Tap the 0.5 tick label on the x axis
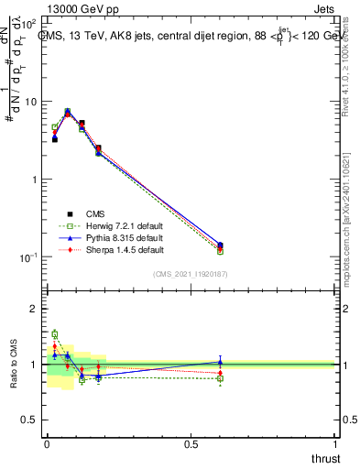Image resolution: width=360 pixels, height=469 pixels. click(191, 444)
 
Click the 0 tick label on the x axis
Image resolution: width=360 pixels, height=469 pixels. click(47, 444)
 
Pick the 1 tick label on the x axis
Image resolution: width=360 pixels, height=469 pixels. click(335, 444)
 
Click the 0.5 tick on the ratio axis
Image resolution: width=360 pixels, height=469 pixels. click(29, 420)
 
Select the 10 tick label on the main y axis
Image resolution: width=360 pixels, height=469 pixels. click(31, 102)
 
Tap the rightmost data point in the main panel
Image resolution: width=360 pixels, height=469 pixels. click(220, 246)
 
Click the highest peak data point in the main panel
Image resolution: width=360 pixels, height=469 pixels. click(68, 112)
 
